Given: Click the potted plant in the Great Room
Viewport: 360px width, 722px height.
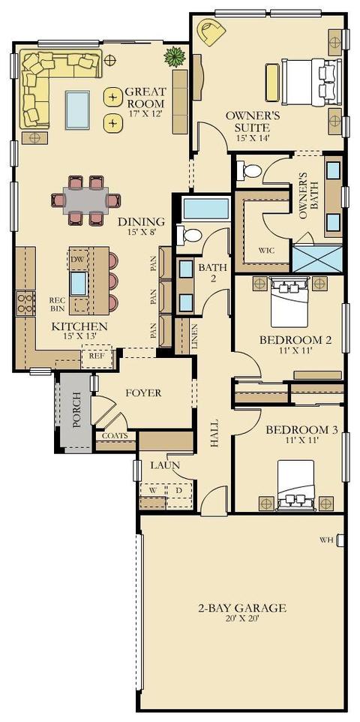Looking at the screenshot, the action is (x=175, y=57).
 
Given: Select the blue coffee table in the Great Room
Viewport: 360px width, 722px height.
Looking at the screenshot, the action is (x=77, y=110).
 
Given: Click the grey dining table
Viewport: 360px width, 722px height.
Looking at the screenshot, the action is (x=85, y=200).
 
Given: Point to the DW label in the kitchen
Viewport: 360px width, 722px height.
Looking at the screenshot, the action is (x=77, y=260).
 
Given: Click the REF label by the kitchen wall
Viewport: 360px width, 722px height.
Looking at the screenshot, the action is (x=96, y=356).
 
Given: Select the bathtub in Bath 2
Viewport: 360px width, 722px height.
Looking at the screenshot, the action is (x=205, y=209).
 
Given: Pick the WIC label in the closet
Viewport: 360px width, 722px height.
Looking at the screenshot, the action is (x=266, y=251).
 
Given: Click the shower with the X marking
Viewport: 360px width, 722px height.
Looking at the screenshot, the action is (x=318, y=259).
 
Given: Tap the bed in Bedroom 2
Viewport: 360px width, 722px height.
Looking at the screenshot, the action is (x=288, y=302).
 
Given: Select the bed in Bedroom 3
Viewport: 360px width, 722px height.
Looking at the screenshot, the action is (x=295, y=486).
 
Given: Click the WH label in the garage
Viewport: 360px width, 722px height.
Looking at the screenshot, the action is (x=327, y=540).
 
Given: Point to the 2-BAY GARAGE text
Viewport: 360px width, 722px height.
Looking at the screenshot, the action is (x=241, y=608).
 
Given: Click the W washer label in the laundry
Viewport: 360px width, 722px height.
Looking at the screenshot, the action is (x=152, y=490).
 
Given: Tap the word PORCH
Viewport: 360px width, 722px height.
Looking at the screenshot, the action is (x=77, y=409).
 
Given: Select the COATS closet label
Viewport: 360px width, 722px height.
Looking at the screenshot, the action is (x=115, y=435).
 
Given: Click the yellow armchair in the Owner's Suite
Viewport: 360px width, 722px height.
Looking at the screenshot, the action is (x=211, y=32).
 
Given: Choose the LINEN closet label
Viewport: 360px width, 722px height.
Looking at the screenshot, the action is (x=194, y=335).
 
